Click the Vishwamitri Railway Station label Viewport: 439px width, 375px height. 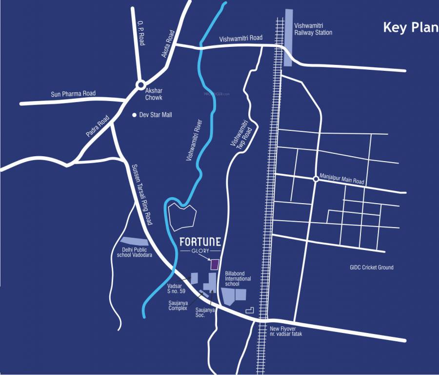coord(313,29)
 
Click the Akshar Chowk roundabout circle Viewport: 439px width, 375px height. coord(140,84)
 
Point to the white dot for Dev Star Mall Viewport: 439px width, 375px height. coord(135,115)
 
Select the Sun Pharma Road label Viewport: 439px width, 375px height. coord(73,94)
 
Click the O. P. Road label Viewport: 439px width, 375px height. coord(141,34)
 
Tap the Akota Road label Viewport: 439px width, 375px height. coord(168,44)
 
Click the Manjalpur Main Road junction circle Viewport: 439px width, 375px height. coord(316,179)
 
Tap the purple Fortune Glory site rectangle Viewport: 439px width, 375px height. coord(214,264)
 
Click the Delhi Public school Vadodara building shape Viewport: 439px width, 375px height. coord(134,241)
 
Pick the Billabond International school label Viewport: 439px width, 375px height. coord(238,279)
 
